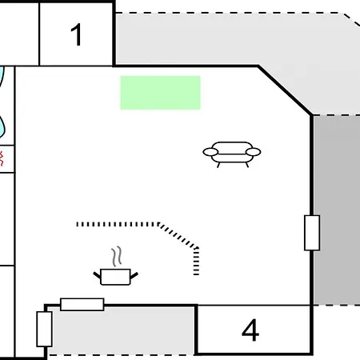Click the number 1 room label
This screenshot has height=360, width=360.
coord(76,34)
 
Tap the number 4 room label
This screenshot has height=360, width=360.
coord(250,330)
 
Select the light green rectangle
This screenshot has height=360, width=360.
coord(160,93)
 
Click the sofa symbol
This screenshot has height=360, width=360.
coord(232,154)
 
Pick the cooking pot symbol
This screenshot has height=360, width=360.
coord(115,277)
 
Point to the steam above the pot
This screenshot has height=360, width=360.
coord(117,256)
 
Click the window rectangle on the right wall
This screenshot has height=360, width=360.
coord(312,233)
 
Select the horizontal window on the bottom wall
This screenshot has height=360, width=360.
coord(82,304)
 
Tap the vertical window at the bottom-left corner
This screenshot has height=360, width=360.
coord(44,329)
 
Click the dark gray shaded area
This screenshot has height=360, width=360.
coord(338,210)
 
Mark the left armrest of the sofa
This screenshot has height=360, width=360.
coord(210,152)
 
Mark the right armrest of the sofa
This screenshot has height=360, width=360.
coord(253,152)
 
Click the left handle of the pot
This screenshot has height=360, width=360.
coord(97,275)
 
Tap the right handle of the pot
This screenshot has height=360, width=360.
coord(134,275)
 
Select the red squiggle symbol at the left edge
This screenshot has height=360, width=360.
coord(2,158)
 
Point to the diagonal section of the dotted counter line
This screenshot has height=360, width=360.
coord(178,236)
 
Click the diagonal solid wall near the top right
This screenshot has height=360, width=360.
coord(285,90)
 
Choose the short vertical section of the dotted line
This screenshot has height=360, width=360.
coord(196,262)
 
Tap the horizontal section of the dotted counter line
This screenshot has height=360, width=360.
coord(118,224)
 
